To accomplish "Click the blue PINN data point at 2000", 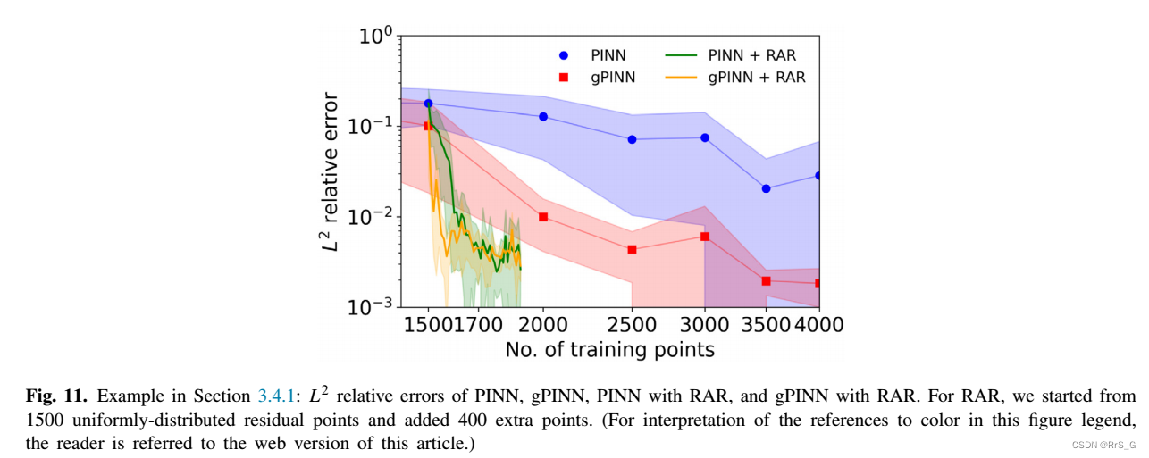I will coord(542,117).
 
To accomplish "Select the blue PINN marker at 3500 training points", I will coord(766,188).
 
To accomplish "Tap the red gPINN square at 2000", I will coord(542,217).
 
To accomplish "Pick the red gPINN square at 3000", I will coord(705,237).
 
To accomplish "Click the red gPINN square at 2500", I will coord(632,249).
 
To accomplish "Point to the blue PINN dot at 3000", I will coord(705,137).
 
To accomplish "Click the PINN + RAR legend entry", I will coord(731,56).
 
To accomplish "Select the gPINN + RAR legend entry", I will coord(735,78).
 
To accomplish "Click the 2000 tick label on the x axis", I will coord(542,324).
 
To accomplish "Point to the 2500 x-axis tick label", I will coord(632,324).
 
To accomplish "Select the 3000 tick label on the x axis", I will coord(705,324).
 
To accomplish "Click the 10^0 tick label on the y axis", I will coord(376,37).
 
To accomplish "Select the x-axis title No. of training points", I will coord(609,350).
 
